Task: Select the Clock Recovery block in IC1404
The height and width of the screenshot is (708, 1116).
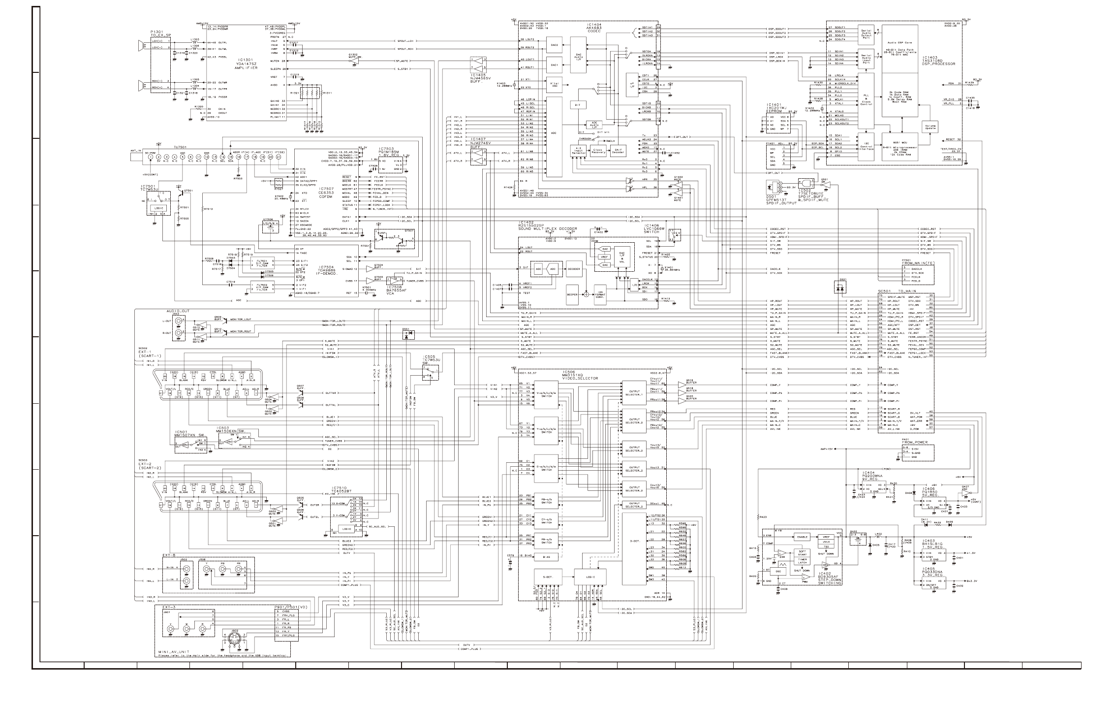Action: click(x=598, y=151)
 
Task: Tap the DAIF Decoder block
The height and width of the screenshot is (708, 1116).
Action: click(x=618, y=151)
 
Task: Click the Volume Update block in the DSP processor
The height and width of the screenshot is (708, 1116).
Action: click(x=930, y=127)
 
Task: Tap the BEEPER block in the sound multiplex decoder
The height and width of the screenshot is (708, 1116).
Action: click(x=572, y=294)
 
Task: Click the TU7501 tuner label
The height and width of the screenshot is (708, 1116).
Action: click(x=179, y=146)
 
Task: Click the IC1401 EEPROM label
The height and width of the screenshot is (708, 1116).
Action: click(x=776, y=108)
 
